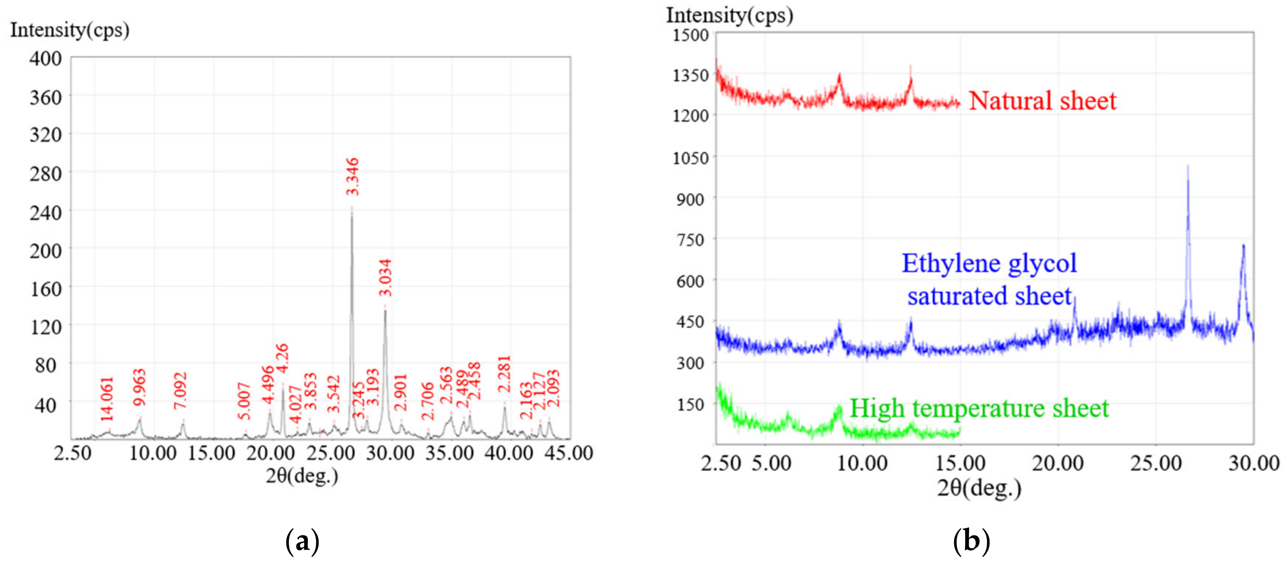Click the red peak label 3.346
tap(352, 177)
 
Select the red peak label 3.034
tap(385, 278)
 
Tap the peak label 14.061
tap(107, 399)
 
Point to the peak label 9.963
tap(139, 387)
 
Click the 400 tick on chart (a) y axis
tap(46, 59)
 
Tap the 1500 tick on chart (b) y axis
tap(691, 35)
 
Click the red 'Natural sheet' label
tap(1042, 101)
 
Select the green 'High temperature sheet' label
tap(979, 408)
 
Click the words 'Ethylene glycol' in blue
tap(989, 263)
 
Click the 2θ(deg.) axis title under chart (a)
tap(302, 476)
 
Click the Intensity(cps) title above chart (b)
tap(729, 15)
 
